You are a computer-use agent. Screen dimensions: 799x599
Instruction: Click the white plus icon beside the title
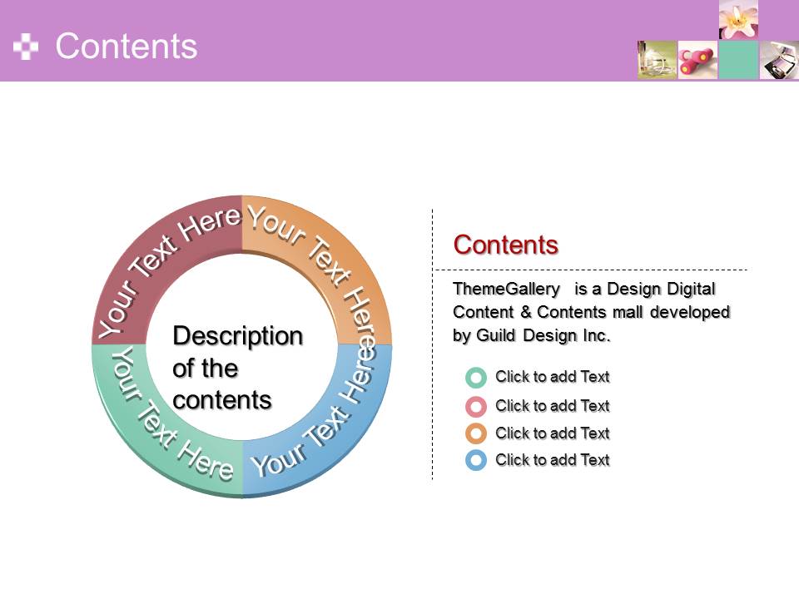(x=26, y=47)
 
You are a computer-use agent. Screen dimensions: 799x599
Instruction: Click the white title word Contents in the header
(x=126, y=46)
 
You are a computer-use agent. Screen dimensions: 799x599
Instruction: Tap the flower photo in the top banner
(x=738, y=20)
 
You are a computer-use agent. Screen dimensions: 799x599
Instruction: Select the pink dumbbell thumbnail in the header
(x=697, y=60)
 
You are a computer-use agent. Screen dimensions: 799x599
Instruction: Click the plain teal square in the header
(x=738, y=60)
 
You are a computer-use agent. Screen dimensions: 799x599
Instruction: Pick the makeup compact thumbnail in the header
(x=779, y=60)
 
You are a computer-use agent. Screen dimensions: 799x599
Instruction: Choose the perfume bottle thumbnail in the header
(x=657, y=60)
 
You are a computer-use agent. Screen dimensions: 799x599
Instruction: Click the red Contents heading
(x=505, y=245)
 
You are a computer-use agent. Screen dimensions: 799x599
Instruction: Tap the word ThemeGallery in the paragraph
(x=507, y=290)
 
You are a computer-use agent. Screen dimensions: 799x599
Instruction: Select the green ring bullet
(x=476, y=378)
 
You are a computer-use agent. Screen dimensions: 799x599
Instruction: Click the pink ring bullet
(x=476, y=407)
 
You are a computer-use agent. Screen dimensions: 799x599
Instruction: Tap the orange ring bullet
(x=476, y=433)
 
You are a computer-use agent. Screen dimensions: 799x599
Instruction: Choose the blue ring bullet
(x=476, y=460)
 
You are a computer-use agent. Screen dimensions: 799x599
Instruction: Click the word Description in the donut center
(x=238, y=337)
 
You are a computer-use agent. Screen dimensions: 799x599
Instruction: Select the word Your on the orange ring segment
(x=276, y=223)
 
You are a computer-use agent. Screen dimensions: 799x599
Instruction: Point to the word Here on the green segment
(x=205, y=461)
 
